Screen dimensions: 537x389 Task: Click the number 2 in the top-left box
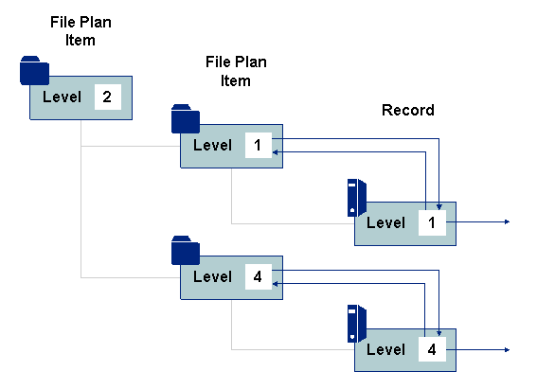(107, 97)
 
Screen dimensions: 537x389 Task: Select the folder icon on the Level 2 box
(34, 70)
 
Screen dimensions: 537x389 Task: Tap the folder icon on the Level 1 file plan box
(186, 118)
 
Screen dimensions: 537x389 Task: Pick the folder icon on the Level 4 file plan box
(186, 250)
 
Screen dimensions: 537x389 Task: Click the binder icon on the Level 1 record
(357, 198)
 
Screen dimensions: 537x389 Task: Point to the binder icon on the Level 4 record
(357, 324)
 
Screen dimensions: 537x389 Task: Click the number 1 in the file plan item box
(258, 146)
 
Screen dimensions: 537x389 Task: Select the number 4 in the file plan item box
(258, 276)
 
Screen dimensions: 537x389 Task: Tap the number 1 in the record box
(432, 223)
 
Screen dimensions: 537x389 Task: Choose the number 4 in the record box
(432, 349)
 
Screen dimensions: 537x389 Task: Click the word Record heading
(408, 110)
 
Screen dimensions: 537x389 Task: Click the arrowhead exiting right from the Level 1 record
(508, 222)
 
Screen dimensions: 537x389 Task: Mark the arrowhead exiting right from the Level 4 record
(508, 349)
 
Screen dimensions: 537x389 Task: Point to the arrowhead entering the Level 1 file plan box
(275, 152)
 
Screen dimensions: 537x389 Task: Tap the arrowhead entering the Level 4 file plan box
(275, 284)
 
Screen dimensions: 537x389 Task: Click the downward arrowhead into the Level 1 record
(439, 206)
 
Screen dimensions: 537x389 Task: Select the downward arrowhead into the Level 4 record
(439, 333)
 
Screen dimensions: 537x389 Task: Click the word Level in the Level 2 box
(62, 97)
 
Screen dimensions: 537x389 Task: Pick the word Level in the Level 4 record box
(386, 349)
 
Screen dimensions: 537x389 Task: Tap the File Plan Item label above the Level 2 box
(81, 31)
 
